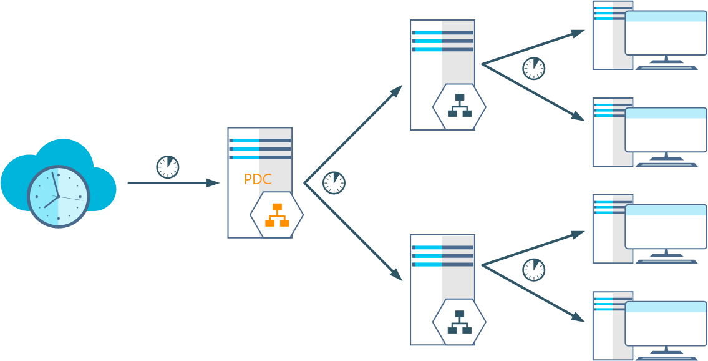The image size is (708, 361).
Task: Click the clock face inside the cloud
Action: (x=58, y=196)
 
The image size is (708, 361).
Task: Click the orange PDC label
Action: (x=257, y=180)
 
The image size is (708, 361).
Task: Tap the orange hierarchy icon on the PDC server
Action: (x=276, y=214)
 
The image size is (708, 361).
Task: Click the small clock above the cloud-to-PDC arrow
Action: (x=167, y=167)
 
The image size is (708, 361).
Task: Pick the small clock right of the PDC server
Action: (x=334, y=182)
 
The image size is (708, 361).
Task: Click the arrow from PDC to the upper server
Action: (x=353, y=134)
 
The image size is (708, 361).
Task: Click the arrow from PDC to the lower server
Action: (x=353, y=232)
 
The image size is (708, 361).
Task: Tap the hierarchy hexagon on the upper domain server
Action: (x=459, y=106)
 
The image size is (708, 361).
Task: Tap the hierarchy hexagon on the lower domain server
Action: (x=459, y=322)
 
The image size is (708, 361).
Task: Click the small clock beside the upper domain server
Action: (x=533, y=68)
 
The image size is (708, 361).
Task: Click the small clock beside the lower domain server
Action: (x=533, y=269)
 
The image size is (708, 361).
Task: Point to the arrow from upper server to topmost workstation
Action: (x=533, y=47)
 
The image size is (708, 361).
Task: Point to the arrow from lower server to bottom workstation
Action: (x=533, y=293)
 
